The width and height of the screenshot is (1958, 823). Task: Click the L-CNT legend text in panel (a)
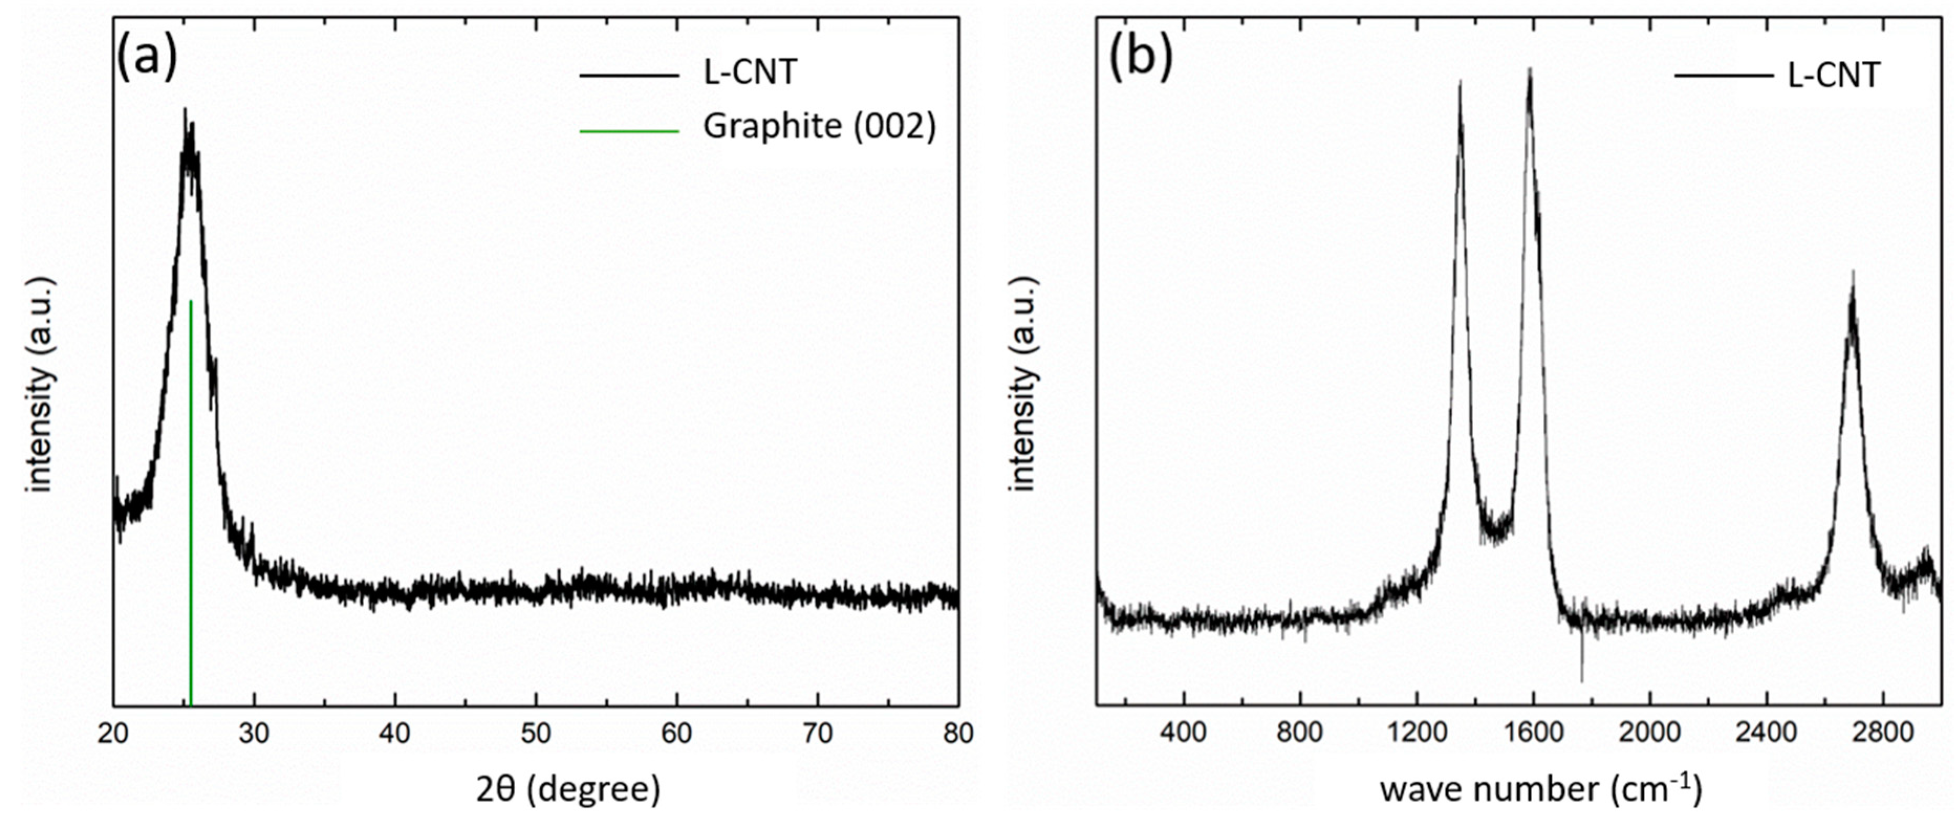pos(749,73)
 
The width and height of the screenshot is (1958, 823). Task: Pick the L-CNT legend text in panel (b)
pos(1833,75)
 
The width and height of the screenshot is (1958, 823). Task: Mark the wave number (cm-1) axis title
pos(1541,789)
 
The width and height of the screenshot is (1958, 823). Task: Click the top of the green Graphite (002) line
pos(190,302)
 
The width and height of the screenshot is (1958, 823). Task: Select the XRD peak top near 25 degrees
pos(184,110)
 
